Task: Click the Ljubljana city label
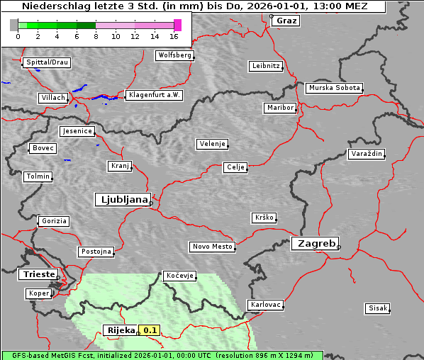(122, 200)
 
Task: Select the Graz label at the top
(286, 21)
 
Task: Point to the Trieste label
(38, 274)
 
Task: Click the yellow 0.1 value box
(150, 330)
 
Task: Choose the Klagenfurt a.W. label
(154, 95)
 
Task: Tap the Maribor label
(279, 108)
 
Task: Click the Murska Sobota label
(334, 89)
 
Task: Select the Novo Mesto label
(212, 247)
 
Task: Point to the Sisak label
(377, 308)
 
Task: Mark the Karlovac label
(266, 305)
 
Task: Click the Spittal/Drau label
(48, 62)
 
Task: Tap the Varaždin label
(367, 154)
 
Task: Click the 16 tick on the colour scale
(174, 35)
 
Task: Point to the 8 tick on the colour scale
(96, 35)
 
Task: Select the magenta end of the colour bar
(177, 25)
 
